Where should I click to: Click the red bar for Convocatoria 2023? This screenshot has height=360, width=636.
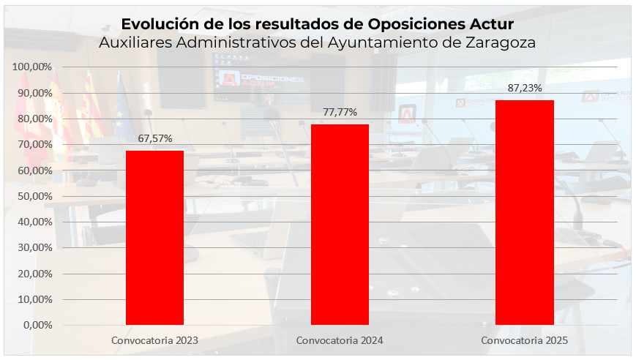(154, 237)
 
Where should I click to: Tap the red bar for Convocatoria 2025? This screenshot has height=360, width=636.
(524, 212)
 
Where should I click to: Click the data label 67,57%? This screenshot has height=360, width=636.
(154, 138)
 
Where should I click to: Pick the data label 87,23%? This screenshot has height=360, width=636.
(524, 88)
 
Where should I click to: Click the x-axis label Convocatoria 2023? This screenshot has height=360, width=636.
(154, 341)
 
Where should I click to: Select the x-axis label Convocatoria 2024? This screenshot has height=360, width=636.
(340, 341)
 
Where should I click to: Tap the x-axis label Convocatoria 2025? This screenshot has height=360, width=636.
(524, 341)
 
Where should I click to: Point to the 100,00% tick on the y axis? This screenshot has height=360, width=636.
(32, 67)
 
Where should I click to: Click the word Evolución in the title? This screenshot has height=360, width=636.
(155, 24)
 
